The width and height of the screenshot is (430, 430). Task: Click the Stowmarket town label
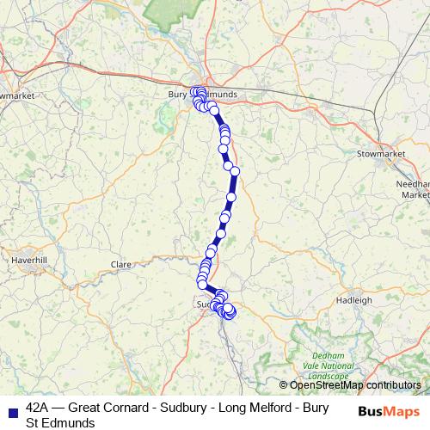tap(380, 154)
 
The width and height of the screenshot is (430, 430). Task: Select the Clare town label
tap(120, 265)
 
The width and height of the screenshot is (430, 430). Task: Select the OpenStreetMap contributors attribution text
tap(354, 385)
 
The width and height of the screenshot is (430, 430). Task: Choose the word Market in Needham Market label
tap(415, 195)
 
